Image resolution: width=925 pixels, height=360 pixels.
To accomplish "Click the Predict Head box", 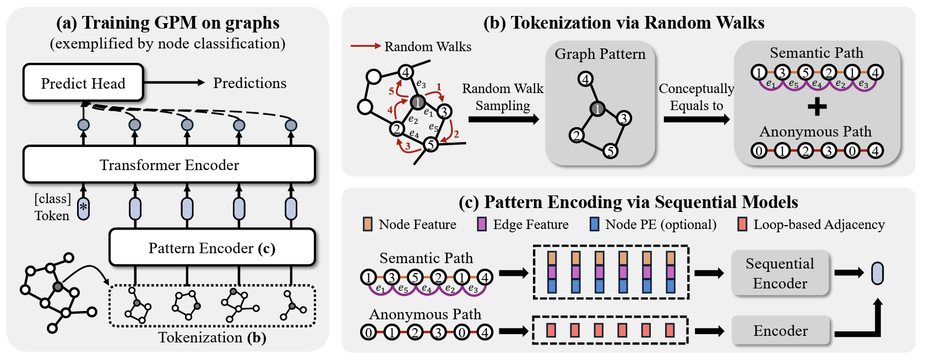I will pyautogui.click(x=83, y=83).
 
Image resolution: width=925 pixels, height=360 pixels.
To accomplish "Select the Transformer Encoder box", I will pyautogui.click(x=169, y=165).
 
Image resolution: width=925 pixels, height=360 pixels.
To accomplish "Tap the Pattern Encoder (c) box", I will pyautogui.click(x=212, y=248).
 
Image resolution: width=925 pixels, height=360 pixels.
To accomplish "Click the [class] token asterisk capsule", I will pyautogui.click(x=83, y=208).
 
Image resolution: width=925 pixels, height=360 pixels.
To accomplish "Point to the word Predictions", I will pyautogui.click(x=249, y=83).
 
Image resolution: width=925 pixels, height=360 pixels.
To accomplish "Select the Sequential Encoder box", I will pyautogui.click(x=780, y=273).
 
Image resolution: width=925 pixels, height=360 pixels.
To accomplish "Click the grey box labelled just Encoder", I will pyautogui.click(x=780, y=330).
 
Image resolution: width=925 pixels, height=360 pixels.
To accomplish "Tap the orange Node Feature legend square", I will pyautogui.click(x=367, y=224).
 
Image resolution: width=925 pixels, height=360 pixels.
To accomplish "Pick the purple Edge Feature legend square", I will pyautogui.click(x=482, y=224).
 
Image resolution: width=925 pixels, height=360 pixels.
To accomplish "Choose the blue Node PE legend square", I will pyautogui.click(x=594, y=224).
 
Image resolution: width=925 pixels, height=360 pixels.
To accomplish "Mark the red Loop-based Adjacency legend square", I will pyautogui.click(x=742, y=224).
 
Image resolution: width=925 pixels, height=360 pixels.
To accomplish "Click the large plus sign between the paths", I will pyautogui.click(x=817, y=106).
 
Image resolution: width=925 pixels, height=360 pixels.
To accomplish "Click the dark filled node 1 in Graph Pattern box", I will pyautogui.click(x=597, y=108).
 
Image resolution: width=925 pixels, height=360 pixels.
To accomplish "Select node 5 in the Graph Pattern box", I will pyautogui.click(x=610, y=151).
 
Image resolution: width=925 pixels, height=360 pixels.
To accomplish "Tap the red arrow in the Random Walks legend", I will pyautogui.click(x=366, y=46).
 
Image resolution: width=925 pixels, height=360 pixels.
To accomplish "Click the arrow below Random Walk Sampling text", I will pyautogui.click(x=503, y=119).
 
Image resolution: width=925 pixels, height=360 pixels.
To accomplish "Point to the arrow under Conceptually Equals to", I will pyautogui.click(x=696, y=119).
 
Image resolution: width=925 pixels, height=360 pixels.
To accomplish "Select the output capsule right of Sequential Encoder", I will pyautogui.click(x=877, y=273).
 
